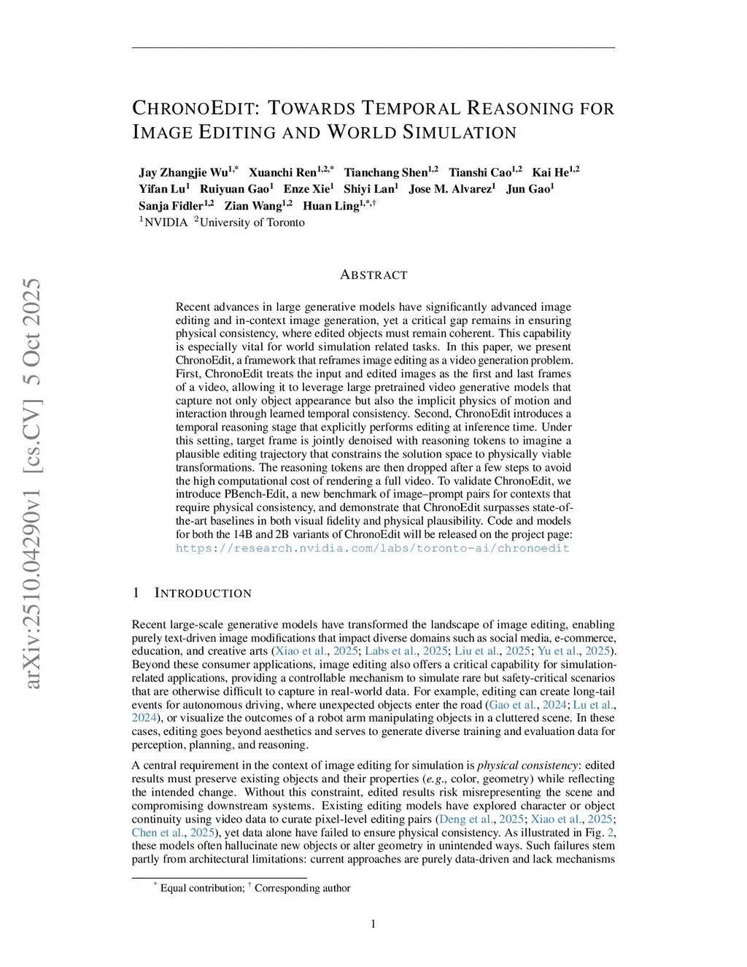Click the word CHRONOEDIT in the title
point(193,109)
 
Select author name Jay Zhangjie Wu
point(183,173)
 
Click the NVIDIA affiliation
point(166,223)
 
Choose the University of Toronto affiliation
point(252,223)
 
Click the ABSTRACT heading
point(373,275)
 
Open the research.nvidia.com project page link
point(372,548)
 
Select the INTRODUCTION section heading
point(203,593)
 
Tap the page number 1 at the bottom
point(373,925)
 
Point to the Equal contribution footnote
point(202,888)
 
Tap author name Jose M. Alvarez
point(449,189)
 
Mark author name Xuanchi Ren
point(282,173)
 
